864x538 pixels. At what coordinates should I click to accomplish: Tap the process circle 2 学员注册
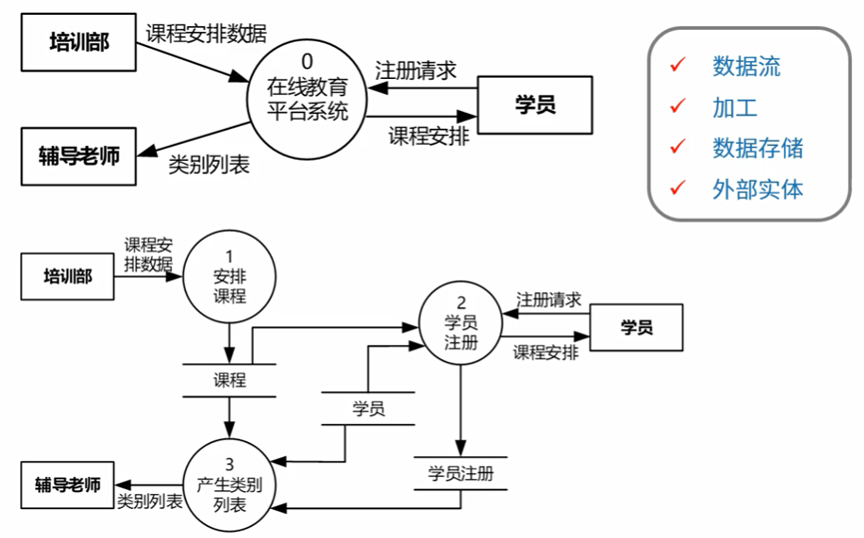(x=460, y=321)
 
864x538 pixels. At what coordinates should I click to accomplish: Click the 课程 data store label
(x=230, y=380)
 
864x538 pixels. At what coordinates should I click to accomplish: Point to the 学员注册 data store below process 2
(x=460, y=473)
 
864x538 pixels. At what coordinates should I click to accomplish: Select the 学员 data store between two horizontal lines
(x=369, y=407)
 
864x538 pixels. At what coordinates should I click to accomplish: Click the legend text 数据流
(x=746, y=67)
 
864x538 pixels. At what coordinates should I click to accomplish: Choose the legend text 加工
(x=735, y=108)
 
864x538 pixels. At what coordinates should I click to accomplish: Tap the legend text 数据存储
(x=757, y=148)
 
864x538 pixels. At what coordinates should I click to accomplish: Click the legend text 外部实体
(x=757, y=189)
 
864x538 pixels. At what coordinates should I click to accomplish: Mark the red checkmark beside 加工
(x=679, y=106)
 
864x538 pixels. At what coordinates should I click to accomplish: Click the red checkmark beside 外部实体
(x=679, y=187)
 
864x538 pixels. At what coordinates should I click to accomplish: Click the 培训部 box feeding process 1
(x=68, y=276)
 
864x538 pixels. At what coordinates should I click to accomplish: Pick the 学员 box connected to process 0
(x=535, y=103)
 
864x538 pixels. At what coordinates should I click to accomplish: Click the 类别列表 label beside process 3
(x=150, y=501)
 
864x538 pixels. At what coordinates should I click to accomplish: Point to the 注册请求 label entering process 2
(x=548, y=299)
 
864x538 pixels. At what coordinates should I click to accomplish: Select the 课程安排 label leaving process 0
(x=429, y=136)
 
